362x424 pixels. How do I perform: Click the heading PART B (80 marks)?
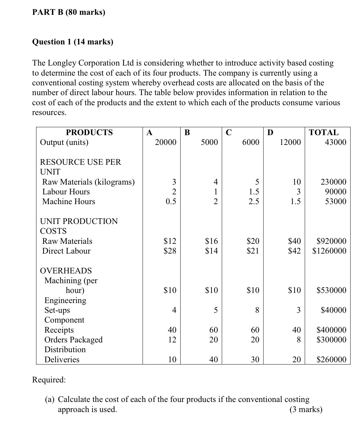tap(69, 12)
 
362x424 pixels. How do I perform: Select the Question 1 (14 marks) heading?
tap(73, 42)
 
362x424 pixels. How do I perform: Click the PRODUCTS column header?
tap(89, 132)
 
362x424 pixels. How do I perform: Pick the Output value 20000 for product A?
tap(166, 142)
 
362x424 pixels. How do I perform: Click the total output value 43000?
tap(336, 142)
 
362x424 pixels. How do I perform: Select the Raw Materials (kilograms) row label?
tap(88, 182)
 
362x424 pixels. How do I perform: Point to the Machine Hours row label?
tap(69, 202)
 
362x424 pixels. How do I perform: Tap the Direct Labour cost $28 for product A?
tap(170, 251)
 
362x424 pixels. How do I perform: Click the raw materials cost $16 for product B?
tap(211, 241)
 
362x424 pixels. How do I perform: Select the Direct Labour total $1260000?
tap(329, 251)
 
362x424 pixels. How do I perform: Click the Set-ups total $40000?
tap(333, 310)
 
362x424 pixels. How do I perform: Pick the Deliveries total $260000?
tap(331, 360)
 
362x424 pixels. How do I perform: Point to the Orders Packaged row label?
tap(73, 340)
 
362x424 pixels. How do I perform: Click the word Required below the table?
tap(49, 380)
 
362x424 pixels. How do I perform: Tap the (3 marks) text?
tap(306, 410)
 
